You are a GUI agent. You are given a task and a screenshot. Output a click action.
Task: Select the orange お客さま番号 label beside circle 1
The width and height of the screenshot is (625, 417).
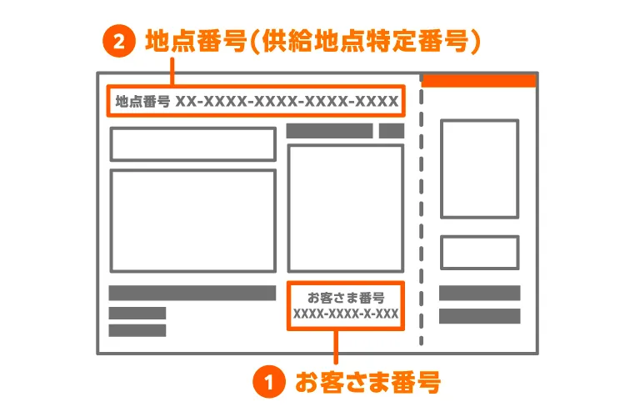[367, 383]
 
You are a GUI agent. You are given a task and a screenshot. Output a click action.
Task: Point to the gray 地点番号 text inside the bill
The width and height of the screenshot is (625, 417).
[142, 102]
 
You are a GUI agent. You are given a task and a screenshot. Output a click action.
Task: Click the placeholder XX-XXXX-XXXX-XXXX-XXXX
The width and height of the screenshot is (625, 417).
[287, 102]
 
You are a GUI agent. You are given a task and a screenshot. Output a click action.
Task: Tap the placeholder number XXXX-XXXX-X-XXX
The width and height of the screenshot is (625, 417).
[345, 314]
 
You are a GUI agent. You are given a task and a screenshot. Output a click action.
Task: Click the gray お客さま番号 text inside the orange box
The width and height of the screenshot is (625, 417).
[345, 297]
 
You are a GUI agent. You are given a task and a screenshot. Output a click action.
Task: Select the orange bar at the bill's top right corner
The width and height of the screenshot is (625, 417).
[478, 80]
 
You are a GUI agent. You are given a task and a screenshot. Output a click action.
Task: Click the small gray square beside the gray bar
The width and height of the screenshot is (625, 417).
[392, 131]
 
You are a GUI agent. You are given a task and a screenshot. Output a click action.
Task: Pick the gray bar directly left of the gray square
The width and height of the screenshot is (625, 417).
[329, 131]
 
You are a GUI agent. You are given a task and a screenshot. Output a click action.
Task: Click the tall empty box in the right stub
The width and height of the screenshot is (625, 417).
[479, 168]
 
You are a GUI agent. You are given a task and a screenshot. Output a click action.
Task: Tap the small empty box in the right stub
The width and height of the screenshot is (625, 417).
[479, 253]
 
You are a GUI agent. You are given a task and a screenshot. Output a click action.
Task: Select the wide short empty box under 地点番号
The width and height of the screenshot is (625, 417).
[192, 144]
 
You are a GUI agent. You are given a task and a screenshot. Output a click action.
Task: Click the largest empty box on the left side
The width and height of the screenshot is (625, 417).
[192, 220]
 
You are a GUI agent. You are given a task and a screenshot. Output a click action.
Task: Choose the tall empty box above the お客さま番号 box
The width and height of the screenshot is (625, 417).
[345, 208]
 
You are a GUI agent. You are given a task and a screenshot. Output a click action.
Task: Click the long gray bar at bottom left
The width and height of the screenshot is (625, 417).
[192, 293]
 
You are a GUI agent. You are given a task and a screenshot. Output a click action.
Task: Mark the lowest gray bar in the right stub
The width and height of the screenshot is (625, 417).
[479, 316]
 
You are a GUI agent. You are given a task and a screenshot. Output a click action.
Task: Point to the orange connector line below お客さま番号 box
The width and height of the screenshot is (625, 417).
[337, 346]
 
